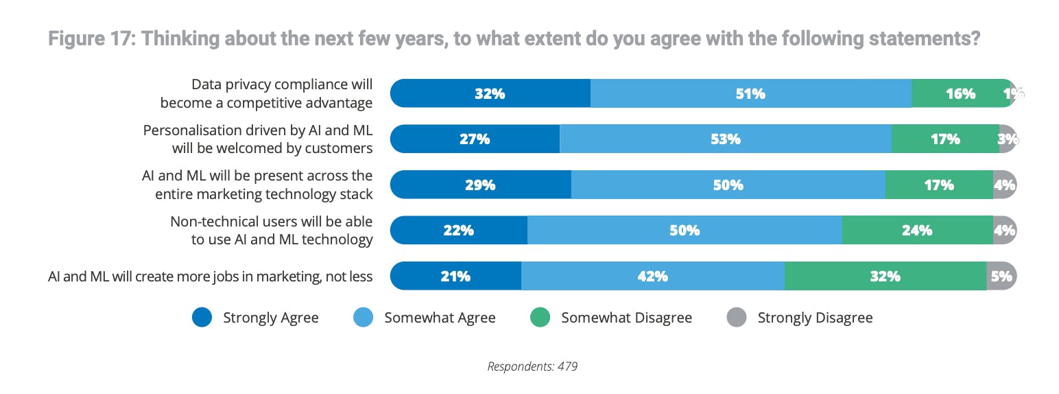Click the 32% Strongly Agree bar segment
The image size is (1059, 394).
tap(490, 93)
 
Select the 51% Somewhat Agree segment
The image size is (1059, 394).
tap(750, 93)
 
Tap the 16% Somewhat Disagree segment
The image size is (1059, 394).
tap(960, 93)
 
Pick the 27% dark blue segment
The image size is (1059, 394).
tap(475, 139)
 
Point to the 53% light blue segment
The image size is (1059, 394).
tap(725, 139)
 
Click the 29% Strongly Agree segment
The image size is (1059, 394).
tap(480, 185)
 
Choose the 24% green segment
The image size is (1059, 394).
tap(917, 231)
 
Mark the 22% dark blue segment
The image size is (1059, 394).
tap(458, 231)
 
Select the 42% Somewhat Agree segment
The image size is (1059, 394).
tap(652, 277)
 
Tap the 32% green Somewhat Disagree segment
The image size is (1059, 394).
tap(885, 277)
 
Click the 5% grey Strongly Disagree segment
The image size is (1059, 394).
tap(1001, 277)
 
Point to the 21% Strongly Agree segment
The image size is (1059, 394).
tap(455, 277)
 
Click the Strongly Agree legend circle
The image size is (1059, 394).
tap(202, 318)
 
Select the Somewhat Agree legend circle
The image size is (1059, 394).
tap(363, 318)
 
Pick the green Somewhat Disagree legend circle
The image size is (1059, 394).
tap(540, 318)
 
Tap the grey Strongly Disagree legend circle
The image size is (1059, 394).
tap(736, 318)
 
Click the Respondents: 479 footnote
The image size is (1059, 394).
tap(532, 367)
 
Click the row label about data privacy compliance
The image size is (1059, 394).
tap(267, 93)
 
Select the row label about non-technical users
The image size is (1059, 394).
tap(272, 231)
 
